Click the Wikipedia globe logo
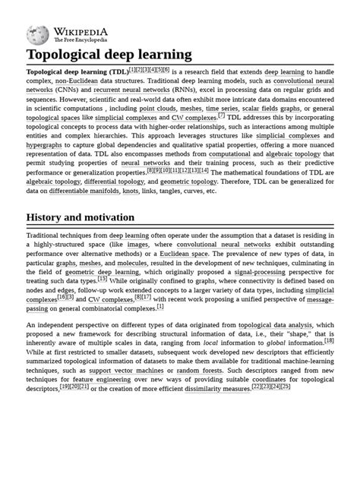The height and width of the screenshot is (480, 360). coord(37,34)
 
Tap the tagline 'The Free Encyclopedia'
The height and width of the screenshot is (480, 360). coord(79,40)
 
